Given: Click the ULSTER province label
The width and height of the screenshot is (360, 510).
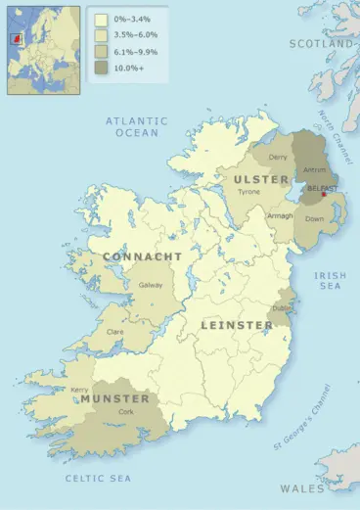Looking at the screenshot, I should [x=262, y=179].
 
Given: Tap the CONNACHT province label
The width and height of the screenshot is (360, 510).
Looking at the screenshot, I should [x=143, y=256].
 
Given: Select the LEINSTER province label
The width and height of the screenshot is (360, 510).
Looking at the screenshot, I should [x=237, y=324].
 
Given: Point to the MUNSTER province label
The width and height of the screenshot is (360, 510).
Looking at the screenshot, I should [x=114, y=399].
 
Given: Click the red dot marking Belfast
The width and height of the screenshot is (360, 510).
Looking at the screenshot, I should [x=324, y=194].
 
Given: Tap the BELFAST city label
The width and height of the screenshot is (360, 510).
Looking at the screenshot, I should [x=323, y=186].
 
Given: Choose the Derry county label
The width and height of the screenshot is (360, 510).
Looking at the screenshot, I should [x=278, y=157].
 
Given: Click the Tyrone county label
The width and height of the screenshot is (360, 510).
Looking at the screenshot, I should [x=248, y=192].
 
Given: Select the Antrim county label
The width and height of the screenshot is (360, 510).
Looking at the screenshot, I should [x=315, y=169].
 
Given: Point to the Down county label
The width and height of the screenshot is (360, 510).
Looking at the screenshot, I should [x=315, y=219].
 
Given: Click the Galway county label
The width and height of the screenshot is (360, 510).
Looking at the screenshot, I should [x=151, y=285].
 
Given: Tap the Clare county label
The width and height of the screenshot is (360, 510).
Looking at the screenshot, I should [x=114, y=333].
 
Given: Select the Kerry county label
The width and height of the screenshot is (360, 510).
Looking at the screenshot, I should [x=80, y=390].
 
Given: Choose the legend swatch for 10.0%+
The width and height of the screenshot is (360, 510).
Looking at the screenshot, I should [x=101, y=68].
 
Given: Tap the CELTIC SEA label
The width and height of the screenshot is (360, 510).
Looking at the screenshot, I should [x=98, y=478].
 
